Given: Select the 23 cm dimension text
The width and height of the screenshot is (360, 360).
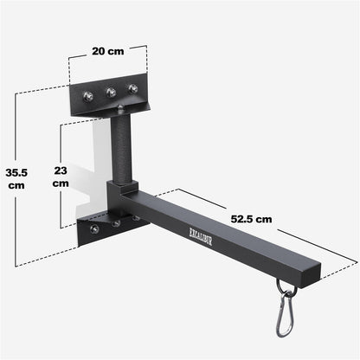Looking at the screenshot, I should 61,176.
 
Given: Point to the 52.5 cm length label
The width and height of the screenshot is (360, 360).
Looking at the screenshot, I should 253,219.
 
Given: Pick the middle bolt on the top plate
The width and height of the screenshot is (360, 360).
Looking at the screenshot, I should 110,93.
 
